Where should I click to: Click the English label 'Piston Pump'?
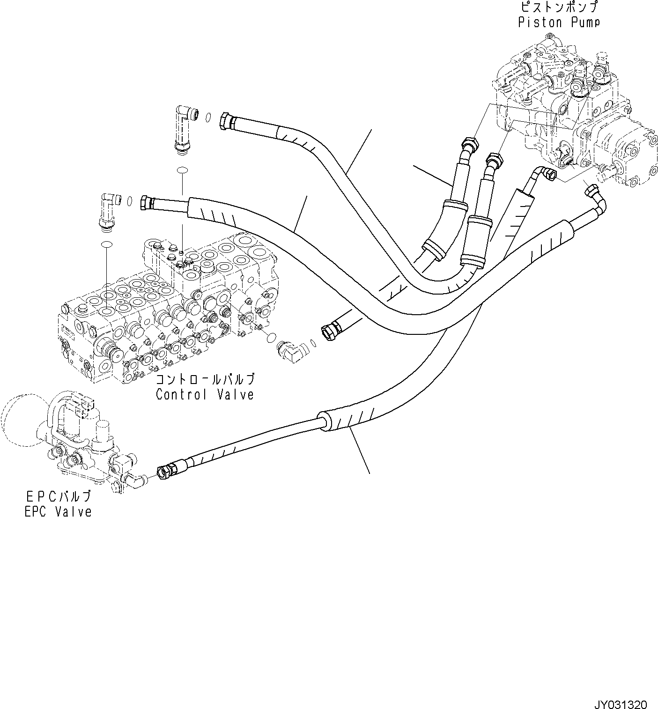tap(559, 22)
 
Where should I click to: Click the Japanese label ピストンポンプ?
tap(559, 7)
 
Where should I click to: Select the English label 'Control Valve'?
tap(205, 394)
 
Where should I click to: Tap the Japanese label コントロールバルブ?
tap(205, 379)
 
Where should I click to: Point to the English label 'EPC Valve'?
tap(58, 511)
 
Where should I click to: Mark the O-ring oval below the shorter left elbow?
tap(107, 244)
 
